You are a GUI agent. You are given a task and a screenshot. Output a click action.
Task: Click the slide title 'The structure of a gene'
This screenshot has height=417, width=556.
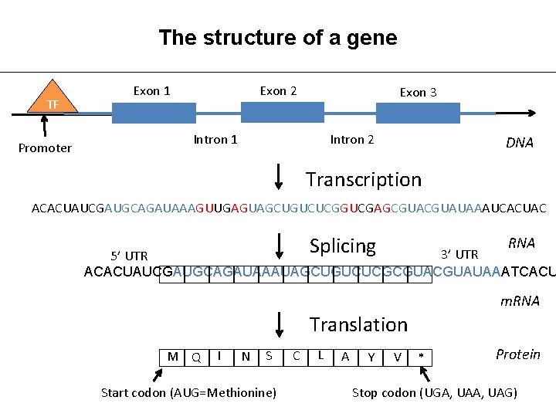coord(277,37)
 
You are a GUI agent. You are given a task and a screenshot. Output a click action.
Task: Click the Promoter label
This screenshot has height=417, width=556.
coord(45,148)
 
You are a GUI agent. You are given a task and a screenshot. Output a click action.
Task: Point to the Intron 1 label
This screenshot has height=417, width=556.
coord(215,140)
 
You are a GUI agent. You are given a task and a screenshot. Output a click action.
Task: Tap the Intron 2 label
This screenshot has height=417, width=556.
coord(352,140)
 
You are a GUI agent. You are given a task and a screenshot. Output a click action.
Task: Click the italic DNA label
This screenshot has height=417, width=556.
coord(519,143)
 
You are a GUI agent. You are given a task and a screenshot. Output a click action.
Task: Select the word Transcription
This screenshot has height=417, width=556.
coord(364,180)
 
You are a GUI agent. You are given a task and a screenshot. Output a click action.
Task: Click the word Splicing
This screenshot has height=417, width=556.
coord(342,246)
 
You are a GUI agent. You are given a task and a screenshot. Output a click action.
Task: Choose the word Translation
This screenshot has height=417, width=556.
coord(358,325)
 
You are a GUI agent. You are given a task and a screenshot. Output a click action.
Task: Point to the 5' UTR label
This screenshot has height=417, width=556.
coord(129,256)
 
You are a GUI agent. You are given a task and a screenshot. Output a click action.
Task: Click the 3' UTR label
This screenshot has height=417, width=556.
coord(459,254)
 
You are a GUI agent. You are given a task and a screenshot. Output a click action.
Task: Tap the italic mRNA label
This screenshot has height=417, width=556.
coord(520,301)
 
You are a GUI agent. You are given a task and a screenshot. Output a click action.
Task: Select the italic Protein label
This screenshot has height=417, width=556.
coord(517,354)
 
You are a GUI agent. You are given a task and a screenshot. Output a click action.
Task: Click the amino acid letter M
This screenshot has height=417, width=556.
coord(173,356)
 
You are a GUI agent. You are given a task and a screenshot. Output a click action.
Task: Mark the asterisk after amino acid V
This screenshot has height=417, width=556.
coord(421,357)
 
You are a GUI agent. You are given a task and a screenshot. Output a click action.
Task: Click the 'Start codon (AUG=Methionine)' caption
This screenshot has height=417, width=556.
coord(188,393)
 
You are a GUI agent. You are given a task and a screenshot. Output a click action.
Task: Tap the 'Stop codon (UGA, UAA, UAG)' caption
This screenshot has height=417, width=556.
coord(435,393)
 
